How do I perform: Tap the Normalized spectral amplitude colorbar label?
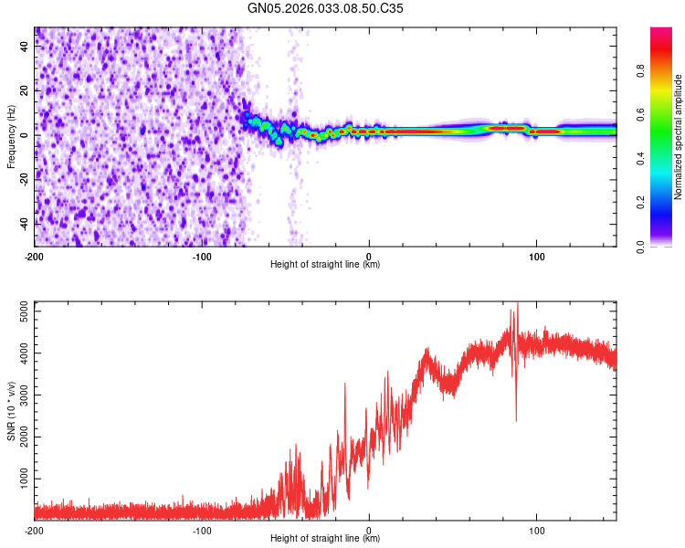tap(678, 136)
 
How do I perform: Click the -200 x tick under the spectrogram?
tap(35, 256)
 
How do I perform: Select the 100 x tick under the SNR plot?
tap(537, 530)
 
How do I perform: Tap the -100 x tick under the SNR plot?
tap(202, 530)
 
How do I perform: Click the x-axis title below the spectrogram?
tap(325, 265)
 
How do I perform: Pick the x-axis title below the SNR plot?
tap(325, 539)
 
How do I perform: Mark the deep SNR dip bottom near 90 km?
tap(517, 421)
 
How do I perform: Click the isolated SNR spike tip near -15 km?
tap(344, 384)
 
